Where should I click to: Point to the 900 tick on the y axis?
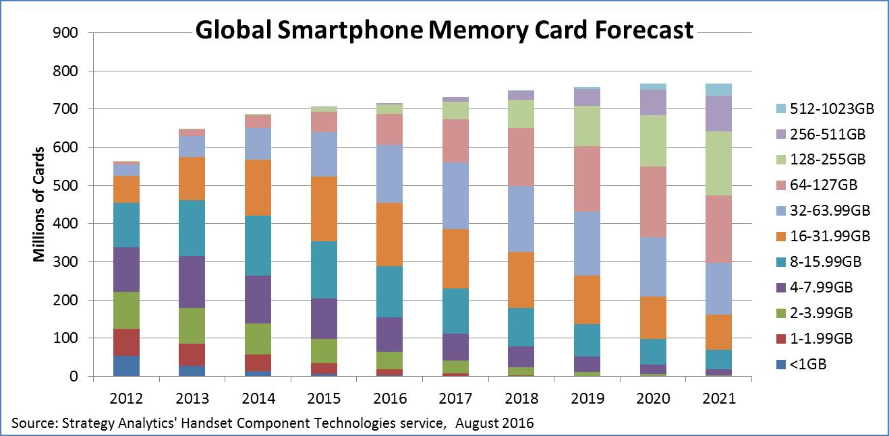(x=66, y=32)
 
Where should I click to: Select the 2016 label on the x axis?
(x=390, y=398)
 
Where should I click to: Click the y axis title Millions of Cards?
(x=39, y=204)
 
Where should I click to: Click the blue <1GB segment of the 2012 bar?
(x=126, y=366)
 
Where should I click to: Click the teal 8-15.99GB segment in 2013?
(x=192, y=228)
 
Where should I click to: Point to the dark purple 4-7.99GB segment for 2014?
(x=258, y=299)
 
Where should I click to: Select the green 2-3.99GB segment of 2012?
(x=126, y=310)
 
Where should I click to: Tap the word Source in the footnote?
(x=34, y=423)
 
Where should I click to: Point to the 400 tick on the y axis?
(x=66, y=223)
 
